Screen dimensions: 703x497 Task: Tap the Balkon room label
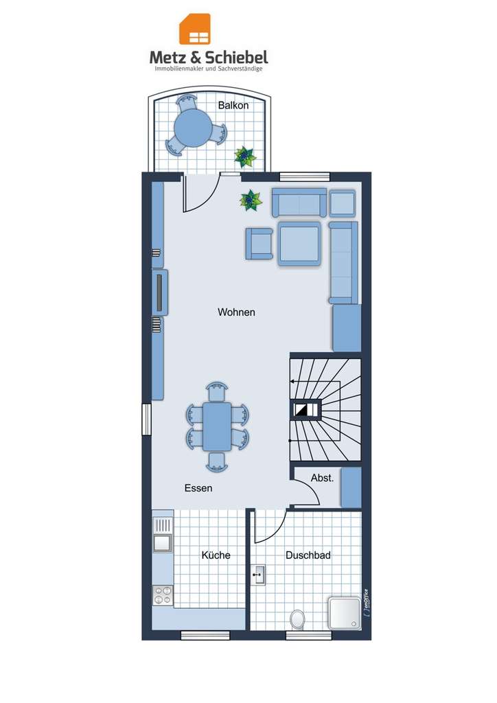233,106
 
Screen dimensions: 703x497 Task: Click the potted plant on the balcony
245,157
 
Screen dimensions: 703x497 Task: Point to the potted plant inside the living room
251,200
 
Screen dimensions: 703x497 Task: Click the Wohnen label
236,312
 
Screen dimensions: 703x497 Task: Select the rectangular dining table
217,426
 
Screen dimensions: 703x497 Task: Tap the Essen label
198,489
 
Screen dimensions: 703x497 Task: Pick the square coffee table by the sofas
299,243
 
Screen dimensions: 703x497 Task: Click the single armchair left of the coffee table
259,243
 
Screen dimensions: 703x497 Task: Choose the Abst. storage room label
322,479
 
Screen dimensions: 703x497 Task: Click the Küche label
216,555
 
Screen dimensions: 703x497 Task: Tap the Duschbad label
308,555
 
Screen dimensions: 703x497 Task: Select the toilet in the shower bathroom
298,619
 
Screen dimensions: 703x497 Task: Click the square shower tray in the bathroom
345,612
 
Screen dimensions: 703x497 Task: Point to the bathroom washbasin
259,575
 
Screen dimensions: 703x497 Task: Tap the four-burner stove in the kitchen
163,595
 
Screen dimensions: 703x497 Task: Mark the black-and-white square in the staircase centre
303,409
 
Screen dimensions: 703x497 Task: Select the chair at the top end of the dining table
217,391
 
